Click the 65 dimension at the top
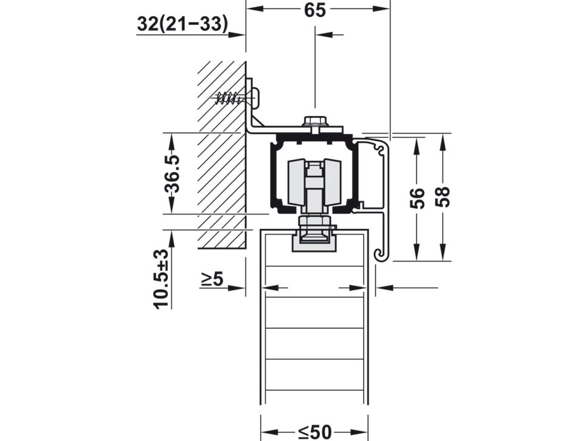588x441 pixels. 315,10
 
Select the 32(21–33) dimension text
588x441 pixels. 182,24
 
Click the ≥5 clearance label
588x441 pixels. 212,279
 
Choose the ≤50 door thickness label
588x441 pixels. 315,432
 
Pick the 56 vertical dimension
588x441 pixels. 417,198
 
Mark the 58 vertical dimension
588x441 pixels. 443,197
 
